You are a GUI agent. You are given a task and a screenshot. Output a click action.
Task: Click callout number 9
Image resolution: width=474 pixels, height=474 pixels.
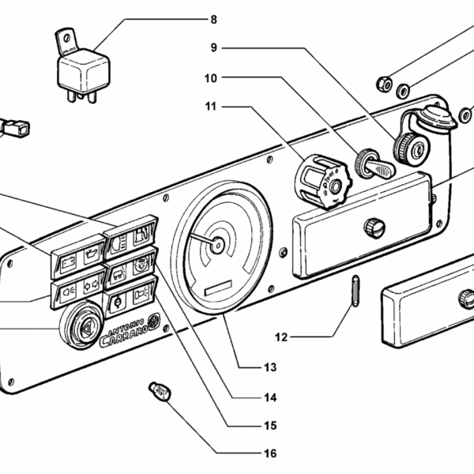click(213, 47)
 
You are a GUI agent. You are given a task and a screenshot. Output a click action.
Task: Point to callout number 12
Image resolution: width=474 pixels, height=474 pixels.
click(282, 337)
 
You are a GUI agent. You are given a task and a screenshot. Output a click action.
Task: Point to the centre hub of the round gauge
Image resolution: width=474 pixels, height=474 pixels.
click(217, 244)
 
